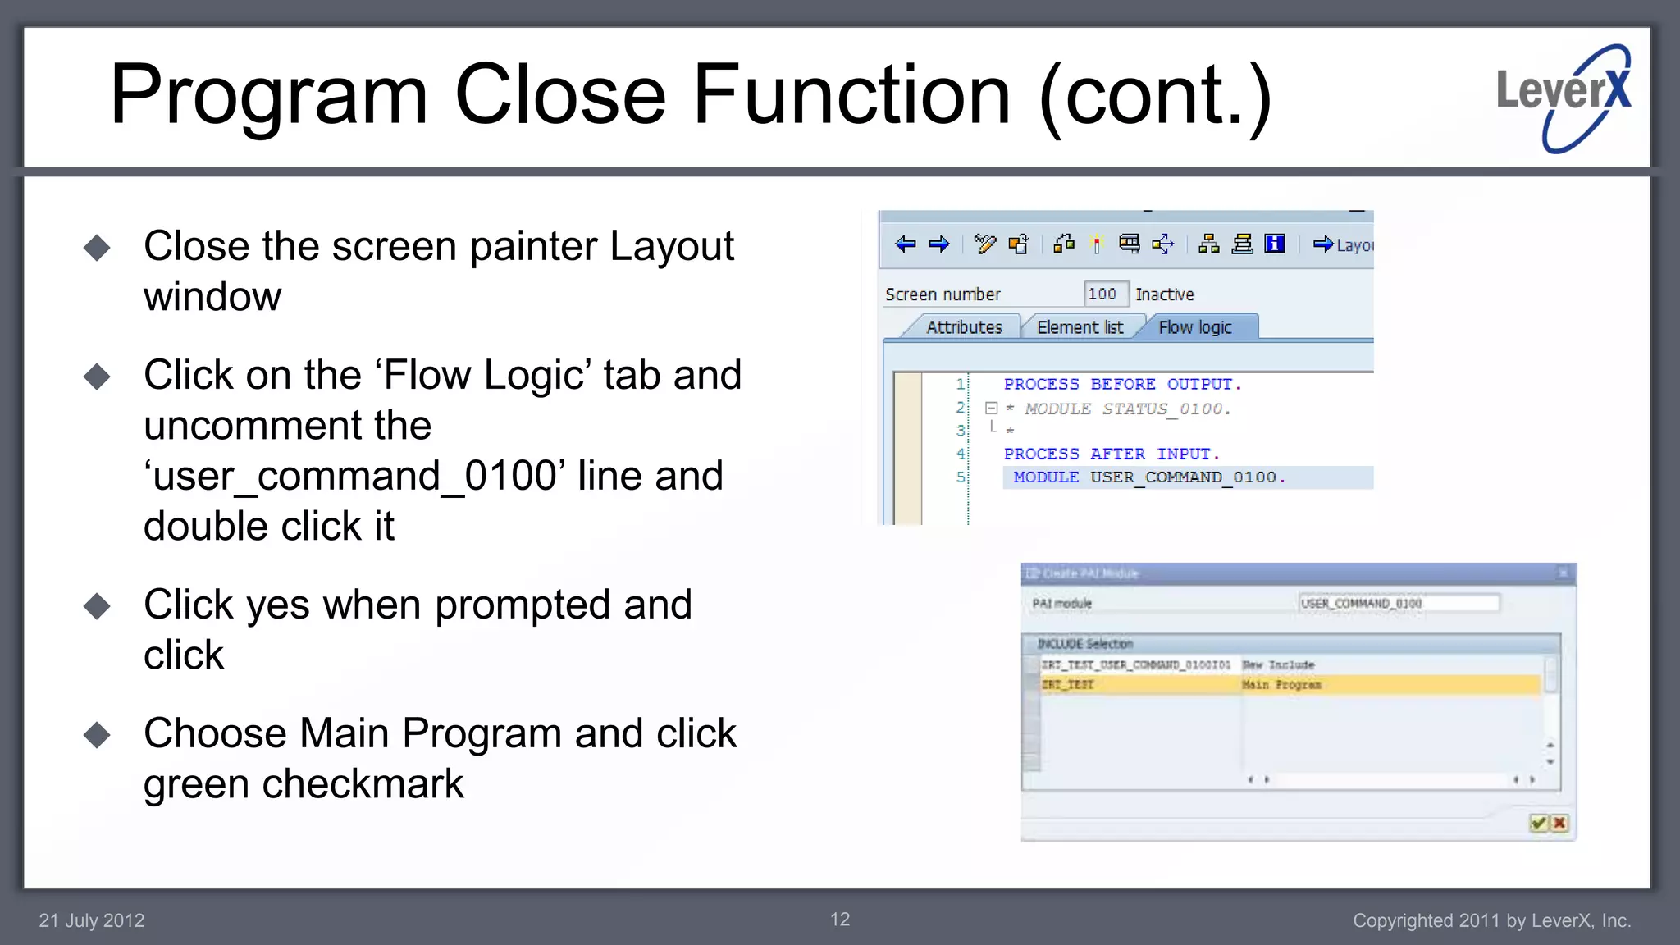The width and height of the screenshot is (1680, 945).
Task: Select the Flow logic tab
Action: point(1194,327)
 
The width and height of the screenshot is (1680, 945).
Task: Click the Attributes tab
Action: point(964,327)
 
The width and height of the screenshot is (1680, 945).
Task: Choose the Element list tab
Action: point(1080,327)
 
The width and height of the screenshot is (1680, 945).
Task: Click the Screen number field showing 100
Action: point(1103,294)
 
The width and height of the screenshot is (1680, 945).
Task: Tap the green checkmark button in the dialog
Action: point(1538,823)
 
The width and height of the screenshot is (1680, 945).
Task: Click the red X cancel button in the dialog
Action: point(1559,823)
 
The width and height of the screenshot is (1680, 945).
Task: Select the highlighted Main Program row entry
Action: point(1281,684)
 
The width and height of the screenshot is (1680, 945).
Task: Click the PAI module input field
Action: point(1398,603)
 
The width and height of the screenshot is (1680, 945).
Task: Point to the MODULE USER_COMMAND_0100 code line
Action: point(1148,477)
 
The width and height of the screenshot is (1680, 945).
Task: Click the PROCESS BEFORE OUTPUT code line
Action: point(1122,384)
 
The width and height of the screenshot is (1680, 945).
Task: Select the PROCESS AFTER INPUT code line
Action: point(1112,454)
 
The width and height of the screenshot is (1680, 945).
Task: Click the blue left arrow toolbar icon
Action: point(906,244)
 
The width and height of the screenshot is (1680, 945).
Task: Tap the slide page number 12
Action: point(840,920)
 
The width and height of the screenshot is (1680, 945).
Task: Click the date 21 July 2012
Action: point(92,920)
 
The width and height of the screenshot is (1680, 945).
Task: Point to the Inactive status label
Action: point(1164,294)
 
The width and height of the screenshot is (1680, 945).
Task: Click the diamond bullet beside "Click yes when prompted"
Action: point(97,606)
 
